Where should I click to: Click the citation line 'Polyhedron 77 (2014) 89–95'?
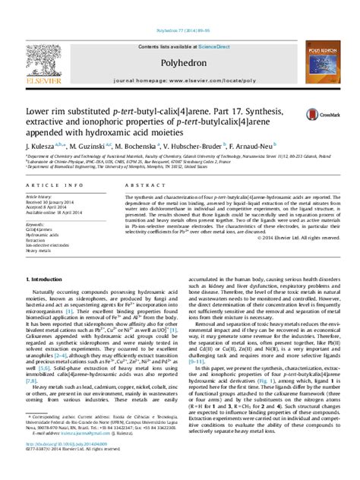[179, 9]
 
